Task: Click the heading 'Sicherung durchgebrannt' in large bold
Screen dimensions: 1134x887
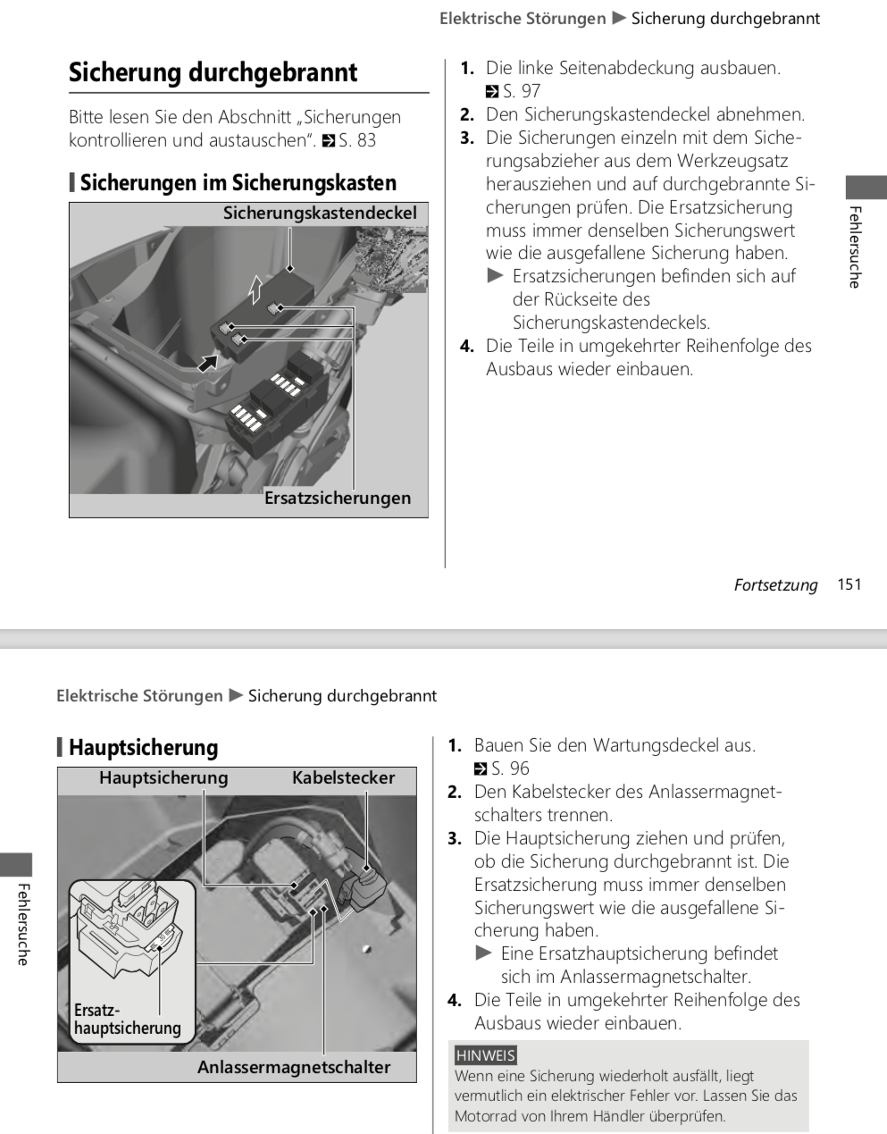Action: coord(213,72)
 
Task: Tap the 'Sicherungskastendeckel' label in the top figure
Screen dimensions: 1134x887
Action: coord(320,214)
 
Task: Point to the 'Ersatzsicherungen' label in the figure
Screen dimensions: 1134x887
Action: coord(338,499)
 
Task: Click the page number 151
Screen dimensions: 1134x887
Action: coord(849,584)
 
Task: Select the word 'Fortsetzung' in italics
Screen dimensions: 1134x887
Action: coord(775,585)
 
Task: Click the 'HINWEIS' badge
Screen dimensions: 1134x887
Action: coord(486,1055)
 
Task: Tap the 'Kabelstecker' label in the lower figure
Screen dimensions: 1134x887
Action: coord(343,777)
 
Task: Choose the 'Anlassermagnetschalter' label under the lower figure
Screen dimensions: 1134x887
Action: coord(294,1067)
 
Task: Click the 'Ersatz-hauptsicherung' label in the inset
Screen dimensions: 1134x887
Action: coord(127,1020)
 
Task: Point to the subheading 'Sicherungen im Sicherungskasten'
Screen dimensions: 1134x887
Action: coord(238,183)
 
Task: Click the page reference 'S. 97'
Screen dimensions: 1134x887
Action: coord(522,91)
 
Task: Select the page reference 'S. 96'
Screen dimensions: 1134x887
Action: coord(510,769)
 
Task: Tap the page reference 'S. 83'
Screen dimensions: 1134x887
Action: coord(357,140)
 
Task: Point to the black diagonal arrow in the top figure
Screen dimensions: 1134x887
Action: coord(207,362)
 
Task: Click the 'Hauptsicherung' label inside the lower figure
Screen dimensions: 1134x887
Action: coord(163,777)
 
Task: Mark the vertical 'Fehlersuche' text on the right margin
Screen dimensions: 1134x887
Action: coord(855,247)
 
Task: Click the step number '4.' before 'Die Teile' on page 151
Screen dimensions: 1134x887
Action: coord(467,346)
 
